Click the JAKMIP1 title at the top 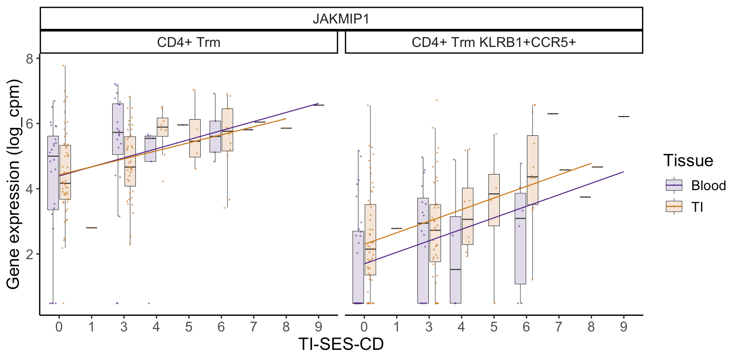click(x=341, y=19)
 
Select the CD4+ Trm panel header click(x=189, y=42)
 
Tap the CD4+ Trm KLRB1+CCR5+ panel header click(x=493, y=42)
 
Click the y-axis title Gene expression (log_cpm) click(x=13, y=184)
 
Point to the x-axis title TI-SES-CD click(x=341, y=344)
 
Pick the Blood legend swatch click(x=674, y=185)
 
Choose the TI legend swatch click(x=674, y=207)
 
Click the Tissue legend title click(x=688, y=161)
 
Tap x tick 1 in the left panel click(x=91, y=327)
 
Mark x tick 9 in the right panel click(x=624, y=327)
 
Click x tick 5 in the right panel click(x=494, y=327)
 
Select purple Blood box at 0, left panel click(x=53, y=173)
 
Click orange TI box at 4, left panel click(x=162, y=127)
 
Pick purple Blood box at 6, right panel click(x=520, y=238)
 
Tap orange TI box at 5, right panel click(x=494, y=200)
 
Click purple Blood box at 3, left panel click(x=118, y=129)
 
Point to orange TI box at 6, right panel click(x=532, y=170)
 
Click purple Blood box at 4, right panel click(x=456, y=260)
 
